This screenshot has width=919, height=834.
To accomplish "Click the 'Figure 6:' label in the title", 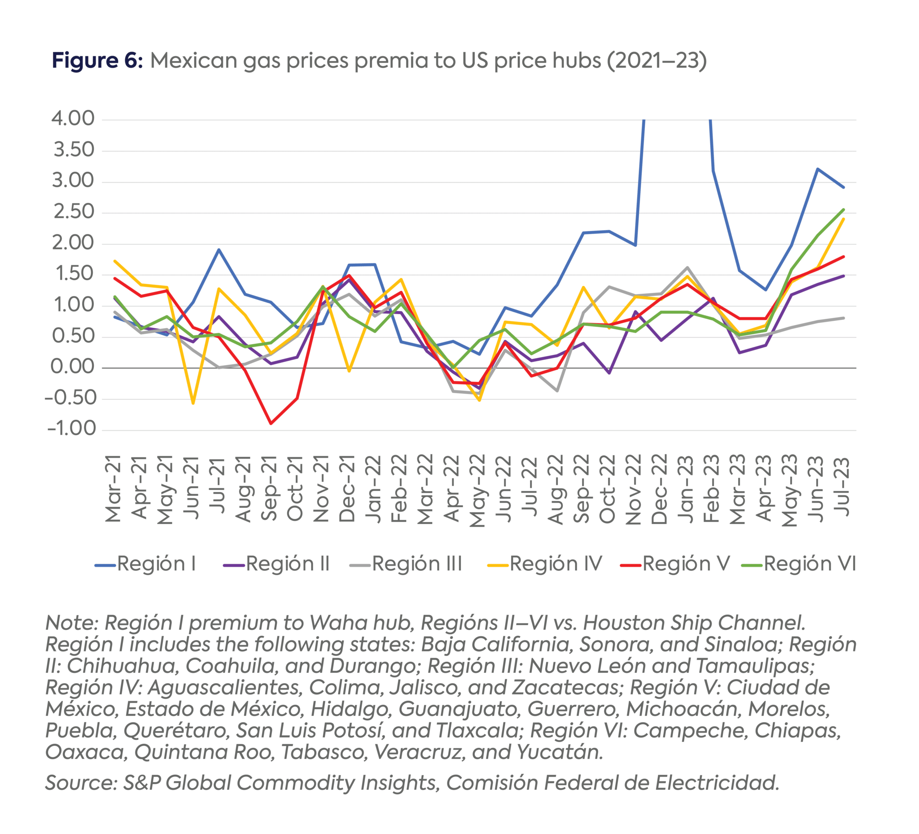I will (x=97, y=61).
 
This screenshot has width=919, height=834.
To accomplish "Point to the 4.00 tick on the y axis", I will (x=73, y=118).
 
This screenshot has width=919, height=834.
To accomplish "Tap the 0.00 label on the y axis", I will (x=73, y=367).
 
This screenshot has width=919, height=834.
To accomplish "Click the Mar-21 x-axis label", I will (x=113, y=488).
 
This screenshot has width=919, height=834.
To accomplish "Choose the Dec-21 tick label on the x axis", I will (x=347, y=488).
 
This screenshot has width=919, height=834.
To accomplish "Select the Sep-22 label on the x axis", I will (x=582, y=488).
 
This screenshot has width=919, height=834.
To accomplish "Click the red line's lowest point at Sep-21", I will (x=271, y=424).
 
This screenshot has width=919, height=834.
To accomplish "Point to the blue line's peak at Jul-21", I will (x=219, y=250).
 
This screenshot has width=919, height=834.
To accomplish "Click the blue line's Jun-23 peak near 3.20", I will (x=817, y=169).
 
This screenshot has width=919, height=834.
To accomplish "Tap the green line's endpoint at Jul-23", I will (x=843, y=210).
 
